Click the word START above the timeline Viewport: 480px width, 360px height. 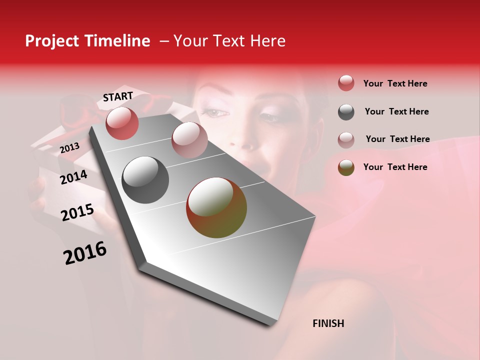[x=118, y=96]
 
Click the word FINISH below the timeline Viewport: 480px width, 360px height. [x=328, y=323]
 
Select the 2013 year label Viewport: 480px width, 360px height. [x=69, y=148]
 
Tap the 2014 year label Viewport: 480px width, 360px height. [x=73, y=177]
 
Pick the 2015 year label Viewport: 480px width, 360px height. [x=77, y=212]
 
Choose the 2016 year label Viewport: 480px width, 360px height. [x=85, y=253]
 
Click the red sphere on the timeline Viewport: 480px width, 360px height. [x=122, y=123]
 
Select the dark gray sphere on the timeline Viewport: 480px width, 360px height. [x=145, y=180]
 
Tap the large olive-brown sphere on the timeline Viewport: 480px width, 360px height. [x=216, y=207]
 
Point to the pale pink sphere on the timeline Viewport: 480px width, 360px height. [x=189, y=139]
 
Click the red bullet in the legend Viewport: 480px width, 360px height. [x=346, y=83]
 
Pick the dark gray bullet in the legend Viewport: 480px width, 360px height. [x=346, y=112]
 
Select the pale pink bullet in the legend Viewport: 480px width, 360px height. [x=346, y=139]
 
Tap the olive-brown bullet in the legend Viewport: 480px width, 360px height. [x=346, y=167]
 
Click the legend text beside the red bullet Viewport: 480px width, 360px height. [x=395, y=83]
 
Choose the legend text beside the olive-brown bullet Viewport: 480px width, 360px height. [x=395, y=167]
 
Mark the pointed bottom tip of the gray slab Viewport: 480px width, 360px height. [x=270, y=325]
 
